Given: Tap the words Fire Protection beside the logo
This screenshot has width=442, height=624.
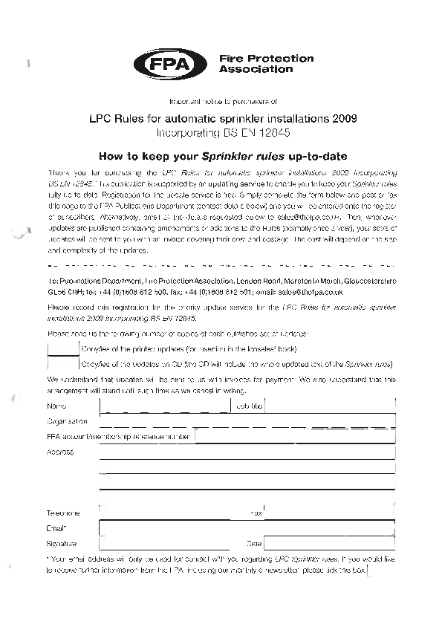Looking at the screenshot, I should pos(266,58).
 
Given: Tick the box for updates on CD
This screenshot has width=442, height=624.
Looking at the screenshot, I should pos(62,363).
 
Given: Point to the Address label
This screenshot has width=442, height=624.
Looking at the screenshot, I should pos(59,452).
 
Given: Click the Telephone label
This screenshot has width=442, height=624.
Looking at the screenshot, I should pos(63,513).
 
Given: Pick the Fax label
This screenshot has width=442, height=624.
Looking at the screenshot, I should pos(256,513).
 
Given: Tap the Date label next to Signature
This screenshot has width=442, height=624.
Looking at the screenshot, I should pos(254,545).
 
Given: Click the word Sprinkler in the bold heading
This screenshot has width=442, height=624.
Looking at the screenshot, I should pos(227,157).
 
